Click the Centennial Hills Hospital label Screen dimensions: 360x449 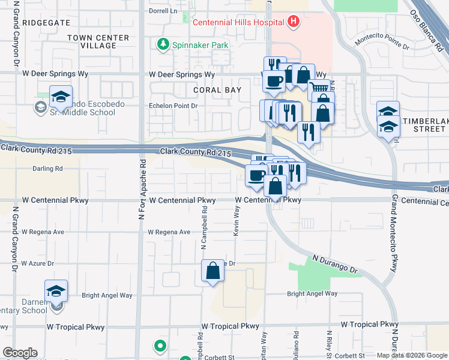238,23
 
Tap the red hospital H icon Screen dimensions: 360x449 294,23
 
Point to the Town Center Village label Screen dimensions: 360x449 98,41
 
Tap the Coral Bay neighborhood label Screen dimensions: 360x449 217,90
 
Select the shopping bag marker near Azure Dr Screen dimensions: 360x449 213,271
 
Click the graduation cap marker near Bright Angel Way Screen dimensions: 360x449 56,291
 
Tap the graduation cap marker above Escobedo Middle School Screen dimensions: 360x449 60,97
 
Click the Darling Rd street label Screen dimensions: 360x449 47,169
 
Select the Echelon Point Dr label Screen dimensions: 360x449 173,106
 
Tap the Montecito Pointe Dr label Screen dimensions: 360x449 382,41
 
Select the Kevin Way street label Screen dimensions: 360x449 237,221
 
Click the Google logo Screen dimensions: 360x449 20,353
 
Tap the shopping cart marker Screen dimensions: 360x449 319,89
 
